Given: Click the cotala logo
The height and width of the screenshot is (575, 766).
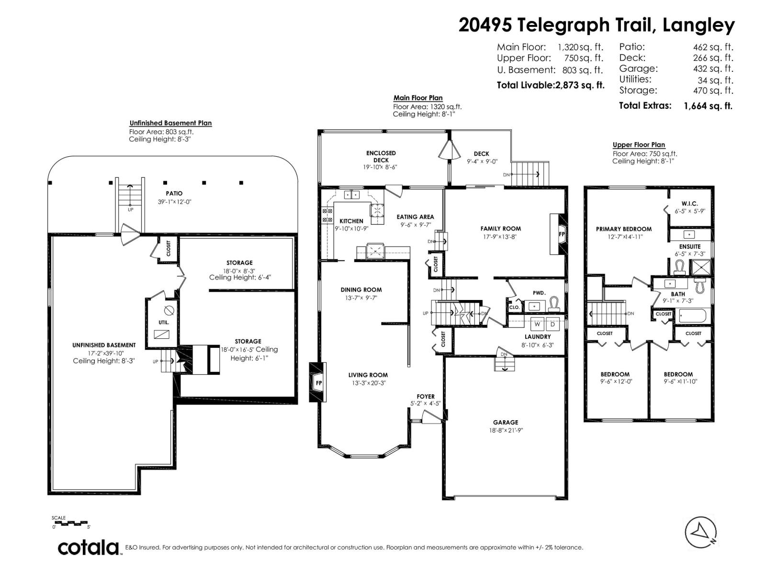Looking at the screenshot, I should click(89, 547).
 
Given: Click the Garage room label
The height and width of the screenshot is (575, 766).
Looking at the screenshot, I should click(506, 422).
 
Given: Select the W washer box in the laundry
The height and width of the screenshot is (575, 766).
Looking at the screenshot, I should click(537, 324).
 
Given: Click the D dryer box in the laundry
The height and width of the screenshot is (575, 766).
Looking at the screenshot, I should click(552, 324).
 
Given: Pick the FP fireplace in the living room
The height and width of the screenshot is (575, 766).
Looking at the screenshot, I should click(318, 383).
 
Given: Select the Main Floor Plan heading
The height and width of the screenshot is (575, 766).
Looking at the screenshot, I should click(417, 98).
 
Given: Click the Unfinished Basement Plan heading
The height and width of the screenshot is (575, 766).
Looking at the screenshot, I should click(170, 123).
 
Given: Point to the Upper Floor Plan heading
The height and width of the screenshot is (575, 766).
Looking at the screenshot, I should click(639, 145).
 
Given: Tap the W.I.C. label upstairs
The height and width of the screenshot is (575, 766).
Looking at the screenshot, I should click(690, 204).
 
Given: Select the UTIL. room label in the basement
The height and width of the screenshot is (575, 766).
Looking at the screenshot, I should click(164, 322).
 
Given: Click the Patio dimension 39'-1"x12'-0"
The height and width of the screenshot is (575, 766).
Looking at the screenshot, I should click(174, 202).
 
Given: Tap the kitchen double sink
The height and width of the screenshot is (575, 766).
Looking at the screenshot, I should click(352, 195).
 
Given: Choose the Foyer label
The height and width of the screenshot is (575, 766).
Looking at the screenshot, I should click(426, 396).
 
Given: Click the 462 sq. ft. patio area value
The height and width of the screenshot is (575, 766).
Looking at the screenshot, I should click(713, 47).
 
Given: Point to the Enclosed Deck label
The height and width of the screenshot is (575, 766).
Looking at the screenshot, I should click(381, 156).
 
